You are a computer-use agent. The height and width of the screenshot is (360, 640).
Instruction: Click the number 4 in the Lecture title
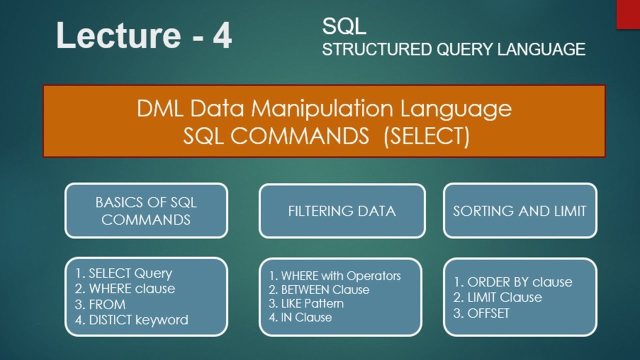tap(222, 36)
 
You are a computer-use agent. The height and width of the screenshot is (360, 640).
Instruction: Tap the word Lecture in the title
tap(118, 36)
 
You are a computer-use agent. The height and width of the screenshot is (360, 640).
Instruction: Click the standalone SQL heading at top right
tap(344, 27)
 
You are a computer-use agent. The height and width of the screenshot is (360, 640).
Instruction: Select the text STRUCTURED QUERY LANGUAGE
tap(453, 49)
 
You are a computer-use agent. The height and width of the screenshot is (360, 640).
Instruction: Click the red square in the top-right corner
tap(628, 14)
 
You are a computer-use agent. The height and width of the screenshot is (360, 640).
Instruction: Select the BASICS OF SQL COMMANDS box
tap(146, 210)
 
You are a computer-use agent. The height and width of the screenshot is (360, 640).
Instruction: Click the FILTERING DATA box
tap(342, 210)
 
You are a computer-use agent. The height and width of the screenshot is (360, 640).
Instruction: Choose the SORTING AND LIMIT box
tap(519, 210)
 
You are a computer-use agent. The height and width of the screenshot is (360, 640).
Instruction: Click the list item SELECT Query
tap(124, 273)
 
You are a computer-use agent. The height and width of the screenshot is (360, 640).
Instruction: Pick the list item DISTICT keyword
tap(132, 320)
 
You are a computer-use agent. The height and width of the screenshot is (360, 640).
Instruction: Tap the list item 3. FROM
tap(100, 304)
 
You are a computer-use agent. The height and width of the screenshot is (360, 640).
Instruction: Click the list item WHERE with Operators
tap(335, 276)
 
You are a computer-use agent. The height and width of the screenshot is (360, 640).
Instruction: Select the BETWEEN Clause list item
tap(319, 290)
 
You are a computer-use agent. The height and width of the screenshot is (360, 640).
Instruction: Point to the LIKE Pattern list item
tap(306, 303)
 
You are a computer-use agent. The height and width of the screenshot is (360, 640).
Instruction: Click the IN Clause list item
tap(300, 317)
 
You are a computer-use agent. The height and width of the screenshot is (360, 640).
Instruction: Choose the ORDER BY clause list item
tap(513, 282)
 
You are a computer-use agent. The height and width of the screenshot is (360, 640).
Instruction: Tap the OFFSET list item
tap(481, 313)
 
